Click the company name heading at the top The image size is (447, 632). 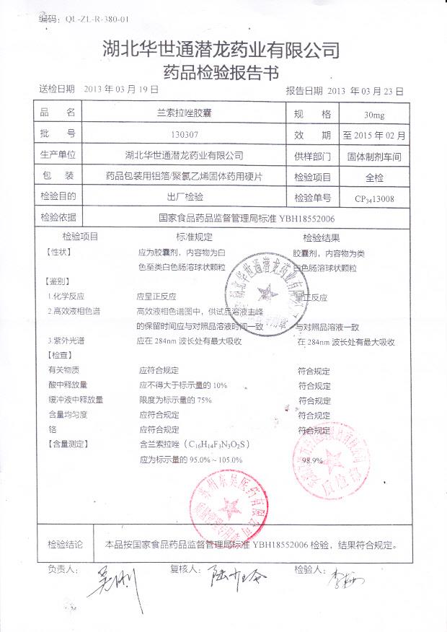(x=221, y=49)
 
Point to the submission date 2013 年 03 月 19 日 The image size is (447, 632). (x=120, y=89)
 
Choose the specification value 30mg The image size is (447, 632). (x=374, y=115)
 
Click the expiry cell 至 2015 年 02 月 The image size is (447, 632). (x=374, y=135)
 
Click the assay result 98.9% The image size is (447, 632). (x=311, y=460)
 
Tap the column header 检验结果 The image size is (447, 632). (x=322, y=237)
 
